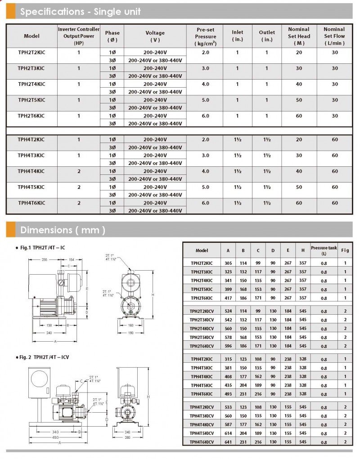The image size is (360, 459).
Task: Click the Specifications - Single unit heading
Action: tap(80, 12)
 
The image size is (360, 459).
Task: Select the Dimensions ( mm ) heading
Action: tap(63, 230)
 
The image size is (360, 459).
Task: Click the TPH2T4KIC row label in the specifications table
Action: tap(31, 84)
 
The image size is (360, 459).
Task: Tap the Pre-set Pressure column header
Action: tap(206, 36)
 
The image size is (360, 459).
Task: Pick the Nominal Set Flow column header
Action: tap(334, 36)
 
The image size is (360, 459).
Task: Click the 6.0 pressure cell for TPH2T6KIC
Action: tap(206, 116)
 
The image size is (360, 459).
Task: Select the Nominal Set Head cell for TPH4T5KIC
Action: tap(299, 187)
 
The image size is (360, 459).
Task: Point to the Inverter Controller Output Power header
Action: tap(79, 36)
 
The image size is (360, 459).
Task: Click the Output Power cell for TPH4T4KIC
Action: tap(79, 171)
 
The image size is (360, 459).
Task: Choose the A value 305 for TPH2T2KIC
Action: tap(228, 263)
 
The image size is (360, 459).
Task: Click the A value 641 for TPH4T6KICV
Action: tap(228, 441)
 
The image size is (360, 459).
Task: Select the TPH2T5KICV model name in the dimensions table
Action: tap(202, 337)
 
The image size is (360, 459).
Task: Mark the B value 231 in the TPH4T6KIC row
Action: tap(243, 394)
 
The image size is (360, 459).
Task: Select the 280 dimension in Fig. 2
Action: tap(127, 437)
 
